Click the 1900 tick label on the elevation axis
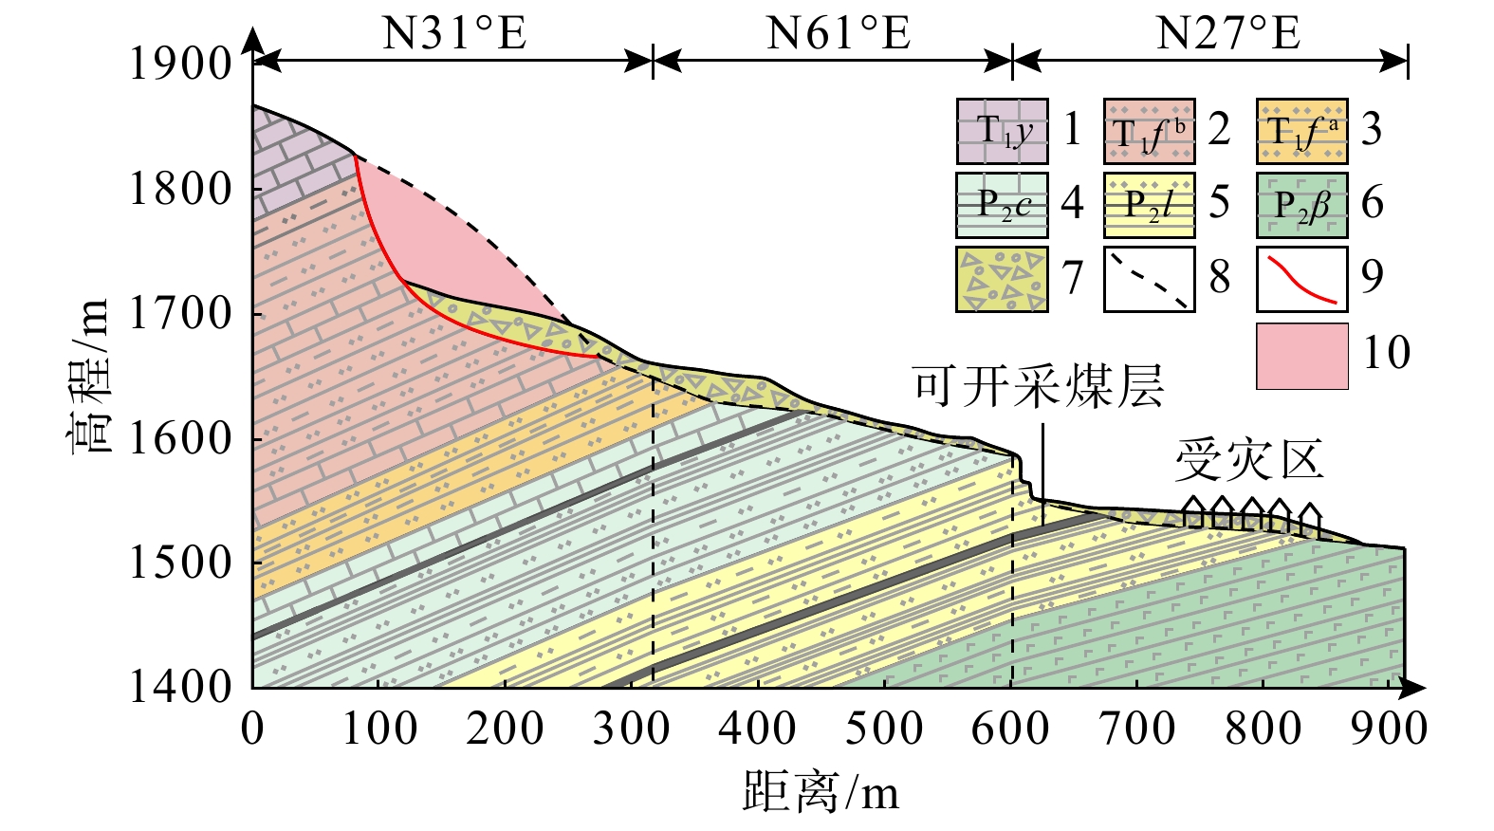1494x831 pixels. coord(180,65)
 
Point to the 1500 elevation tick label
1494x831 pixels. coord(180,563)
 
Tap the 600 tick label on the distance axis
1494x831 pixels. coord(1010,729)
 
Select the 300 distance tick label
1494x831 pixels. coord(631,729)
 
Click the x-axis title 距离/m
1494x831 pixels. coord(821,789)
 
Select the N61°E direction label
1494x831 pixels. coord(839,34)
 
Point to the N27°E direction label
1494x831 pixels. coord(1227,34)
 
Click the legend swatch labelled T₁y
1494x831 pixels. coord(1002,131)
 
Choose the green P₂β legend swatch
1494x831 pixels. coord(1301,204)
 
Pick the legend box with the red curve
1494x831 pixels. coord(1301,279)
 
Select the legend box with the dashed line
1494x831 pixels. coord(1149,279)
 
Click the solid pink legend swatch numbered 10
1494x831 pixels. coord(1301,356)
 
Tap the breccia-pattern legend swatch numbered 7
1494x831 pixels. coord(1002,279)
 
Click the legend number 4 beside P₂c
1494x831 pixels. coord(1072,203)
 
